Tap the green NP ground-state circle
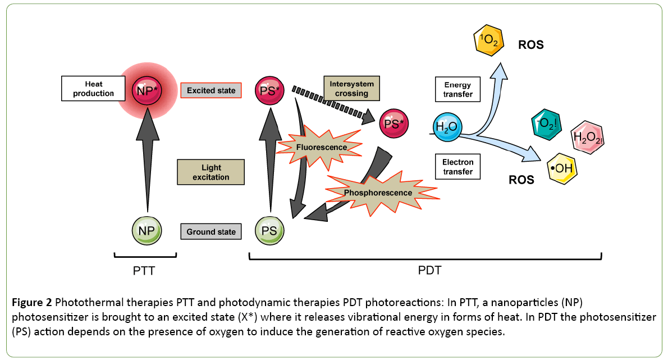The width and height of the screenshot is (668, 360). point(147,230)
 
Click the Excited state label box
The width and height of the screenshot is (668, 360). point(211,90)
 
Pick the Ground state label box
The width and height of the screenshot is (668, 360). point(211,231)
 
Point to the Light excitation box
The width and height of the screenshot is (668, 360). point(211,172)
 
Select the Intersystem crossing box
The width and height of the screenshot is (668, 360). point(351,89)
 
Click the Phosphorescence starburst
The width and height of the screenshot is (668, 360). point(378,193)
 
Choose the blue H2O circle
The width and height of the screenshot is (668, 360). point(447,126)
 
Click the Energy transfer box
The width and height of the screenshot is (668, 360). point(458,89)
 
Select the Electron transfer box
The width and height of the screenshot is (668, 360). point(458,167)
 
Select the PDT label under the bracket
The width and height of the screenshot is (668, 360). point(429,271)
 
